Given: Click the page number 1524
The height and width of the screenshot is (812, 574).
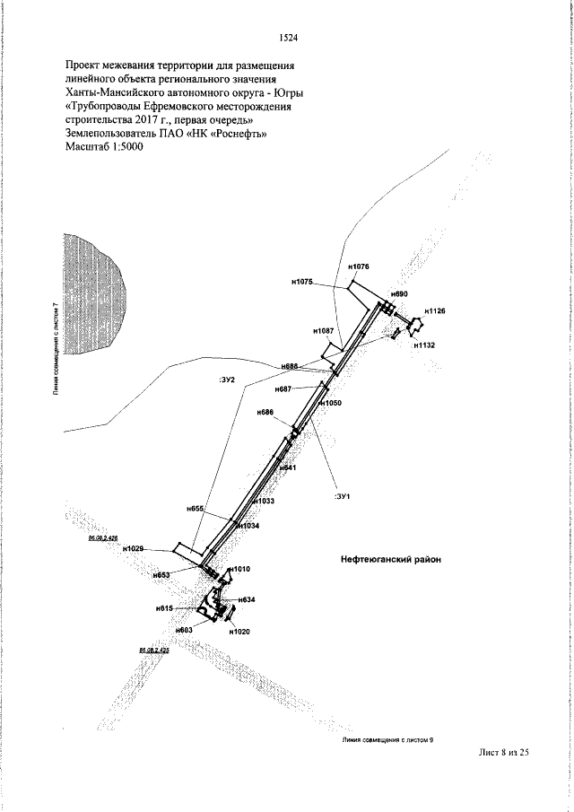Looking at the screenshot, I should click(x=288, y=38).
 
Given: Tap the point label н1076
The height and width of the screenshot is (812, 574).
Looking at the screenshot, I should click(x=358, y=267).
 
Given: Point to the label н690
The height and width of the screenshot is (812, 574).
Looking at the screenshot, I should click(x=399, y=294).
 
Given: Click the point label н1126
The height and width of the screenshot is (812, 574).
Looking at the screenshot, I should click(x=435, y=310).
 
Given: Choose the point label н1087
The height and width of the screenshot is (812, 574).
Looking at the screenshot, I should click(x=324, y=331).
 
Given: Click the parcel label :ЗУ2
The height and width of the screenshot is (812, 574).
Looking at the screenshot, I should click(x=226, y=380).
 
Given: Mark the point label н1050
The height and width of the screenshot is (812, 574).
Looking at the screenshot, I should click(x=333, y=404).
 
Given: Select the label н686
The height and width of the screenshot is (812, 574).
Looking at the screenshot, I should click(x=265, y=412).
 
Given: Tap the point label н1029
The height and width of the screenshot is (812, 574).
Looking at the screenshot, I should click(x=134, y=548).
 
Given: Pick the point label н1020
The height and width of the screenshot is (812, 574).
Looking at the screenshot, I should click(x=239, y=632).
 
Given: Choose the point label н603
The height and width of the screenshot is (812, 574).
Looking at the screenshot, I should click(x=184, y=631).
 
